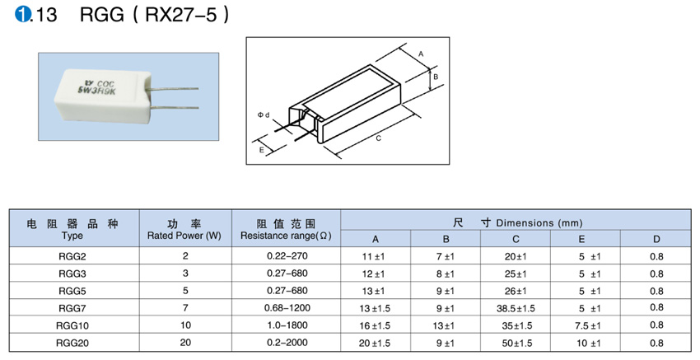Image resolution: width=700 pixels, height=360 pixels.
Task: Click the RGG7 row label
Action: (x=72, y=307)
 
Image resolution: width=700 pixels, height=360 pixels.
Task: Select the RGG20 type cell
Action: (x=72, y=343)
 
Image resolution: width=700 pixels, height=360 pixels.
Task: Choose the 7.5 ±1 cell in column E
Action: (x=588, y=325)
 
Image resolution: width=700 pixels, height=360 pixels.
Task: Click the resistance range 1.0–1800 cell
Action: (x=286, y=325)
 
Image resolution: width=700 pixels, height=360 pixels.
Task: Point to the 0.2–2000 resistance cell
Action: (x=286, y=343)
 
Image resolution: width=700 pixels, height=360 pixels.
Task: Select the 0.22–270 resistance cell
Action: (x=286, y=256)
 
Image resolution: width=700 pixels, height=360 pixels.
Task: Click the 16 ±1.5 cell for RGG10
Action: (x=374, y=325)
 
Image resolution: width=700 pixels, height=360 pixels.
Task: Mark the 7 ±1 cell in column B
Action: (x=446, y=256)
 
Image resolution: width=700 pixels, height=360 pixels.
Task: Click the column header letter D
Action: (x=656, y=239)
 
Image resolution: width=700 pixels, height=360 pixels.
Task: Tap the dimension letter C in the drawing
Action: (x=378, y=138)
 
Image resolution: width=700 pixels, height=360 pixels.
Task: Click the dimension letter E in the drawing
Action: (x=261, y=151)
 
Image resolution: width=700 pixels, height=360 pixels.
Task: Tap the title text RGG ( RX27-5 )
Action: (x=152, y=16)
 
